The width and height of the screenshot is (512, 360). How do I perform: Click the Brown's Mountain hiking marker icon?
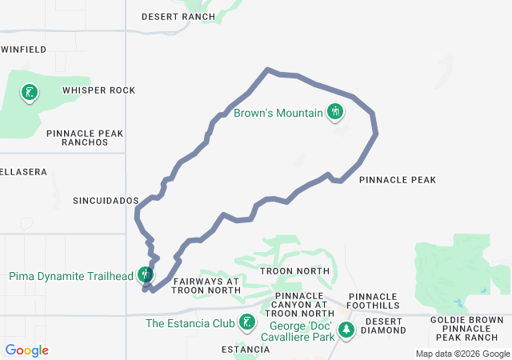[x=335, y=112]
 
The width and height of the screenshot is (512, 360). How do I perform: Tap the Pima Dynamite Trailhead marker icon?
[x=146, y=274]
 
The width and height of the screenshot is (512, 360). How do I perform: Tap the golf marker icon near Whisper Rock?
[x=30, y=93]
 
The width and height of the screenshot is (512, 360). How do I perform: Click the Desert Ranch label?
[x=178, y=16]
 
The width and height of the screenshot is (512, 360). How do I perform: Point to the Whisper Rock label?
[x=98, y=90]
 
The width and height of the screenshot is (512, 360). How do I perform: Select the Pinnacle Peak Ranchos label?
[x=77, y=138]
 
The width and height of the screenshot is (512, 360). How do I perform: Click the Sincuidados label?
[x=106, y=200]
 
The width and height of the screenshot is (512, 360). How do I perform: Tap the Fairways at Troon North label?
[x=206, y=286]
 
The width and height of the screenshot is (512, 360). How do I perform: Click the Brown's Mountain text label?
[x=278, y=113]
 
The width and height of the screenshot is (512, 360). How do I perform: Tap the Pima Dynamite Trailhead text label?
[x=71, y=277]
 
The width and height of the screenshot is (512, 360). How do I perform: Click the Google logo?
[x=27, y=350]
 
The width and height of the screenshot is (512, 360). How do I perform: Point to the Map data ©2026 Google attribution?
[x=462, y=354]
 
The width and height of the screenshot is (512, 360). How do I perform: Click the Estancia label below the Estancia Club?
[x=246, y=350]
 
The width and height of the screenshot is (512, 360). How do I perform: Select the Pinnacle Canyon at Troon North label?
[x=299, y=304]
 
